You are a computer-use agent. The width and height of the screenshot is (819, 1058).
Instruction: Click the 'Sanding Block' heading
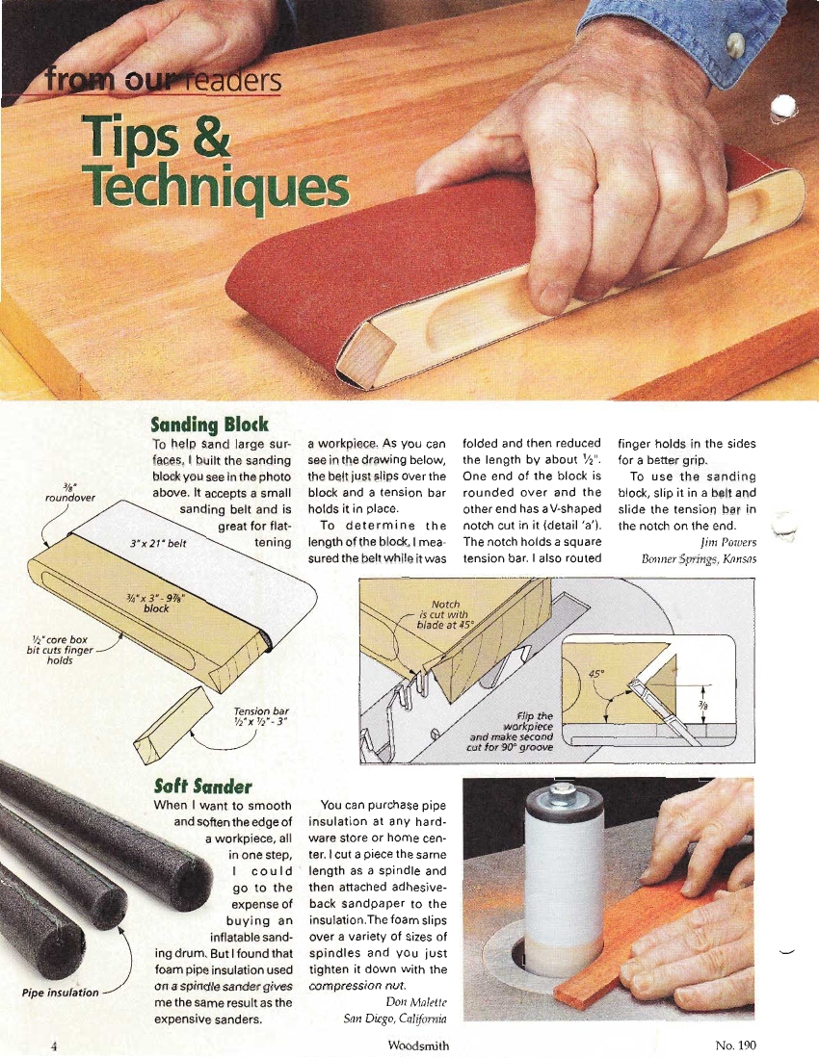[x=209, y=425]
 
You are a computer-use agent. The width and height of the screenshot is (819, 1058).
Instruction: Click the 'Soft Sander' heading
[x=202, y=787]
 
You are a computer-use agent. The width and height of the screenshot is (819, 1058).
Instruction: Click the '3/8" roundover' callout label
[x=70, y=493]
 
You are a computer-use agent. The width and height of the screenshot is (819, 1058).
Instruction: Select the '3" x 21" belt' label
[x=158, y=543]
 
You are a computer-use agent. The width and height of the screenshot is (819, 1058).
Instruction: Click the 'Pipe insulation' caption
[x=60, y=993]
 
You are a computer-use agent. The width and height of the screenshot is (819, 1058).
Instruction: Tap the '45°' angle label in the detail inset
[x=596, y=673]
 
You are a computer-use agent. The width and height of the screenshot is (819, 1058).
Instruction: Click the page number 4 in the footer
[x=53, y=1045]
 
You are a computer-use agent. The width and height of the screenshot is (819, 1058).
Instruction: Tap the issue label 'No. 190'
[x=735, y=1045]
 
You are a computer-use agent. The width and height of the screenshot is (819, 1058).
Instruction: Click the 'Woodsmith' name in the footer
[x=418, y=1045]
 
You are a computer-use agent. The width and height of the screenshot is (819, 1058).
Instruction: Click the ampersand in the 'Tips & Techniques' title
[x=209, y=136]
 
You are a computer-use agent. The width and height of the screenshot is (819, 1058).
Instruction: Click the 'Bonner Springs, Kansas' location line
[x=699, y=558]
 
